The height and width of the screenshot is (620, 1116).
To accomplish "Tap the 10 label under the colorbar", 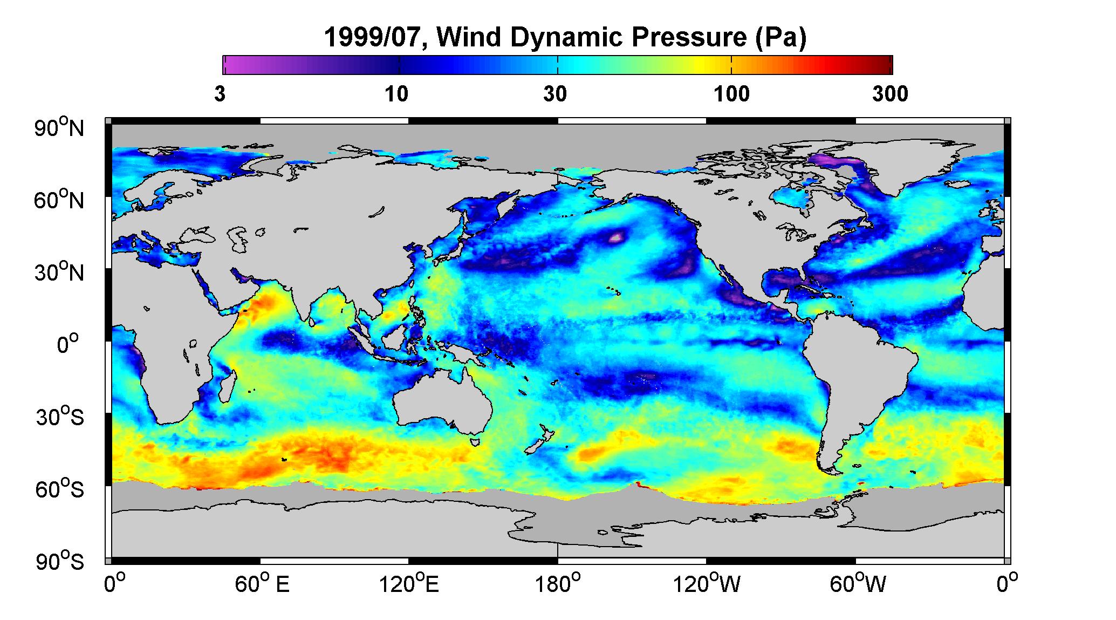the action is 396,94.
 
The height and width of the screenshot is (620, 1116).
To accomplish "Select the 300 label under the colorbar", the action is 890,94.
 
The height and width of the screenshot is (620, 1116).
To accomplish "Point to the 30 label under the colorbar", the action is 555,94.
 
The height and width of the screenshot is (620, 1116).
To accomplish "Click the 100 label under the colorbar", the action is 731,94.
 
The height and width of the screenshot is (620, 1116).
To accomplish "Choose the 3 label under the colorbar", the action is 220,94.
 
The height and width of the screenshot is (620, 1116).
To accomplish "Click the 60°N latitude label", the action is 59,200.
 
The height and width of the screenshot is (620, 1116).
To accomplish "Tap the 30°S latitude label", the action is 59,417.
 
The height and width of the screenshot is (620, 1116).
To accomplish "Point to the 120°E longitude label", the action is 409,584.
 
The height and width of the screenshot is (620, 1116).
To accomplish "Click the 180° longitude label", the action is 558,584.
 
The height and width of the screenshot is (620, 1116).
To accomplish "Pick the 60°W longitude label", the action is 858,584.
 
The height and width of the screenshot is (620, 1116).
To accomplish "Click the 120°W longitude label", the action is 707,584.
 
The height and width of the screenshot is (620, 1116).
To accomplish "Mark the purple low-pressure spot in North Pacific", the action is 616,236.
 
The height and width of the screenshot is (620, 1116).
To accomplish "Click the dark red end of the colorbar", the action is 885,65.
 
